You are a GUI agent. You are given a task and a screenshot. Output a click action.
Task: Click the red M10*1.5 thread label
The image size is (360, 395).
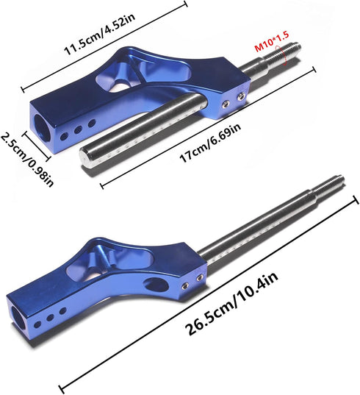[272, 42]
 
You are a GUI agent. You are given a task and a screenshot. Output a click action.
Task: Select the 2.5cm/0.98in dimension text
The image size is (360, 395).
[27, 160]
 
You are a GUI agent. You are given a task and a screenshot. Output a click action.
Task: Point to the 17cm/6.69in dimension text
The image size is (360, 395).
[210, 143]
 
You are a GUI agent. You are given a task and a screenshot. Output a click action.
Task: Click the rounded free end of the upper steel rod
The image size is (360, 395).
[86, 157]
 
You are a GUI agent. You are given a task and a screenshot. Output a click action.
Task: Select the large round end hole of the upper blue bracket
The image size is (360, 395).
[41, 127]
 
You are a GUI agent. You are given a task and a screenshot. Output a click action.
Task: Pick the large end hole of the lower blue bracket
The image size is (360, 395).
[18, 319]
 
